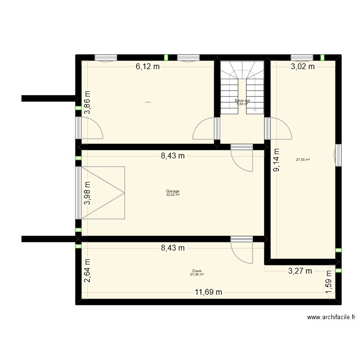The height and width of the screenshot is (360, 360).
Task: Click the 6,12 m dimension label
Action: pyautogui.click(x=147, y=67)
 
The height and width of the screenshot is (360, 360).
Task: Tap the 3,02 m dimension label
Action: pyautogui.click(x=303, y=67)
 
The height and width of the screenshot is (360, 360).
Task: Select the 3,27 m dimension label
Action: pyautogui.click(x=300, y=271)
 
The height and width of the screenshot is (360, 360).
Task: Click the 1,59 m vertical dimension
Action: pyautogui.click(x=329, y=288)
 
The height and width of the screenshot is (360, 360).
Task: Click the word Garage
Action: pyautogui.click(x=173, y=191)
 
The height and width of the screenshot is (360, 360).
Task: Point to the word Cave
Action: pyautogui.click(x=197, y=271)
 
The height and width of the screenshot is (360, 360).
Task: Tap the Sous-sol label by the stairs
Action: pyautogui.click(x=242, y=101)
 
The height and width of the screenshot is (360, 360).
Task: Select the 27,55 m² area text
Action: pyautogui.click(x=303, y=160)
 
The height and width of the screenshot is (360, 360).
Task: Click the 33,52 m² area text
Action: pyautogui.click(x=173, y=195)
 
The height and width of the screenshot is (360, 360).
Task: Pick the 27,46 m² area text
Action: pyautogui.click(x=197, y=275)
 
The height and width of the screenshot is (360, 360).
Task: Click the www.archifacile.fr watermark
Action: pyautogui.click(x=332, y=317)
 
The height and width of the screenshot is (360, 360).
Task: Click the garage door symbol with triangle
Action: pyautogui.click(x=103, y=192)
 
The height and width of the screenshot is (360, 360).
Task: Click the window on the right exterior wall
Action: pyautogui.click(x=338, y=155)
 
